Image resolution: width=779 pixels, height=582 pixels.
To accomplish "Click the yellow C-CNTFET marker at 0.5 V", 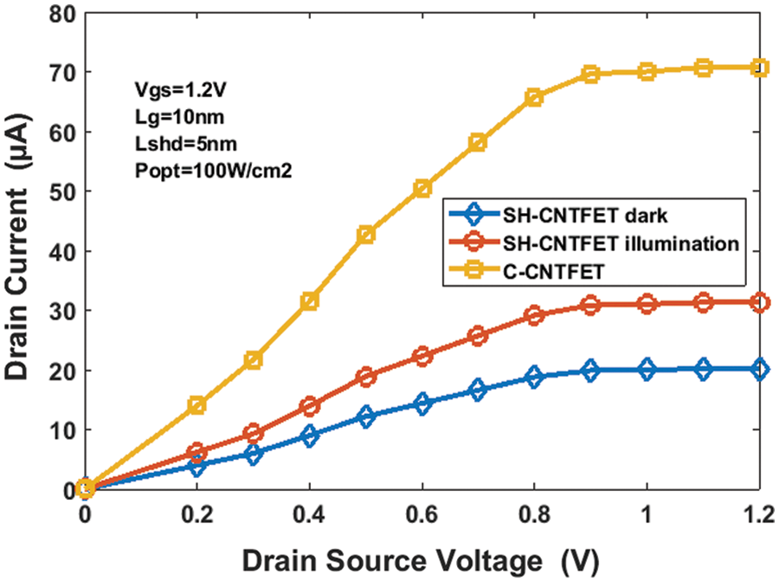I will pyautogui.click(x=366, y=235).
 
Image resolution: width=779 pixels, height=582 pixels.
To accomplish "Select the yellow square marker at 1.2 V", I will pyautogui.click(x=759, y=68).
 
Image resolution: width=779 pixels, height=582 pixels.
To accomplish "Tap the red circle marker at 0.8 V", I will pyautogui.click(x=534, y=315).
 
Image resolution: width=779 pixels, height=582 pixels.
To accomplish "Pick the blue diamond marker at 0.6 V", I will pyautogui.click(x=422, y=404).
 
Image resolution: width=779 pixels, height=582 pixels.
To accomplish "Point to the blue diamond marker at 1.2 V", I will pyautogui.click(x=759, y=369).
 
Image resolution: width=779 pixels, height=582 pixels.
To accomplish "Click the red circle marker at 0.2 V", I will pyautogui.click(x=197, y=452).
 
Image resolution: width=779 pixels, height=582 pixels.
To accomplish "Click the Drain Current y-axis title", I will pyautogui.click(x=19, y=251).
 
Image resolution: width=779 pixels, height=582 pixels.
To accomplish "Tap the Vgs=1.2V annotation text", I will pyautogui.click(x=169, y=88).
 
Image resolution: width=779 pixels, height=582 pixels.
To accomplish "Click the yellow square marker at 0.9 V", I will pyautogui.click(x=591, y=74).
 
